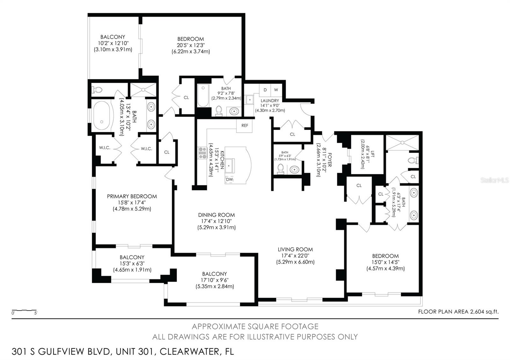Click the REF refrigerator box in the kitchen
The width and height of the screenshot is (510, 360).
click(244, 126)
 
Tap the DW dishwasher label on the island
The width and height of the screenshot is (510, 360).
click(229, 179)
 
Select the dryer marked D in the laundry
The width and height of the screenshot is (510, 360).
click(265, 90)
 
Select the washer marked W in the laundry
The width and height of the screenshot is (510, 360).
click(276, 90)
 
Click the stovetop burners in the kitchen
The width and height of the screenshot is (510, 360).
click(202, 153)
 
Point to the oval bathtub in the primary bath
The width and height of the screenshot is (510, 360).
click(102, 115)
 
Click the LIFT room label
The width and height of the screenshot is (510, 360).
click(373, 154)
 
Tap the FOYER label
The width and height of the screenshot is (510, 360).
click(330, 160)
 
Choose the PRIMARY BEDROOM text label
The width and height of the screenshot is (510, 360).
click(132, 196)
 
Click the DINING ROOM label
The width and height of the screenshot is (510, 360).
click(216, 215)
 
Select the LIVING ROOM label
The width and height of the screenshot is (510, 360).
click(295, 249)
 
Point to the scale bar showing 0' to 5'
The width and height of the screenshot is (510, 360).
click(24, 311)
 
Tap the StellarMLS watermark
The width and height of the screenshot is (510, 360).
click(494, 180)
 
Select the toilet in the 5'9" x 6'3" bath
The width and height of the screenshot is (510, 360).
click(280, 169)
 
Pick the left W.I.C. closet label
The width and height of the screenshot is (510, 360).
click(105, 148)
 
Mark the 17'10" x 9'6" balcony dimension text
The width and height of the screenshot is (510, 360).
click(215, 280)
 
